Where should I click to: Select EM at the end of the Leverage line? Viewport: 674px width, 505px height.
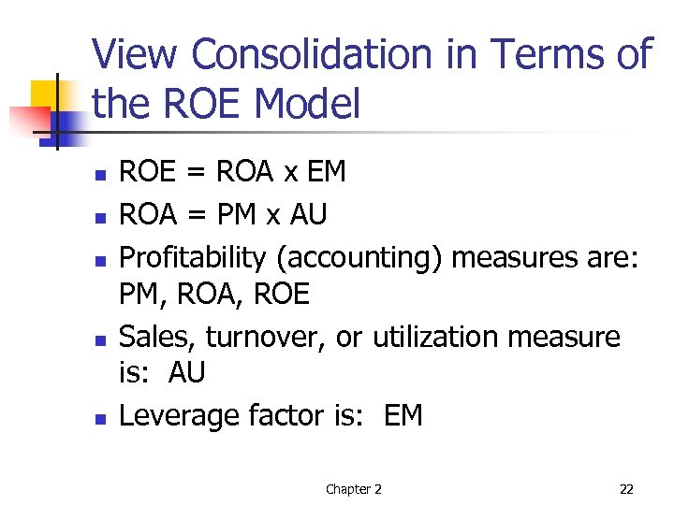click(x=403, y=415)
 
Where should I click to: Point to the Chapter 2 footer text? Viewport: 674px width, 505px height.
click(x=353, y=489)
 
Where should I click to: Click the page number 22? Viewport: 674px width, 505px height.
click(x=626, y=489)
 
